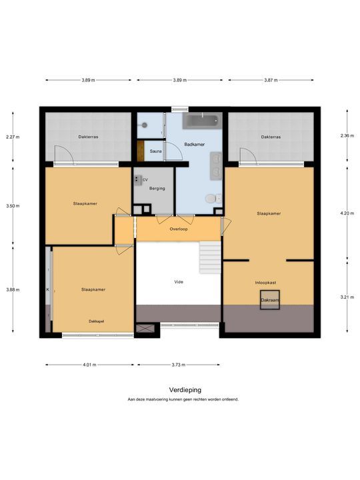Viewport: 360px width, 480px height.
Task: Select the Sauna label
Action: (x=156, y=151)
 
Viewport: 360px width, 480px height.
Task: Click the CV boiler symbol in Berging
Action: (x=137, y=180)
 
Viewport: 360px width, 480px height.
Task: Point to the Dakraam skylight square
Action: (x=270, y=300)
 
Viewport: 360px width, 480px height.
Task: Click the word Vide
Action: (x=179, y=281)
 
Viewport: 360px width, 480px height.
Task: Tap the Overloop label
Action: (x=179, y=229)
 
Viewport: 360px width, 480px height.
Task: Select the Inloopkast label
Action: (x=266, y=283)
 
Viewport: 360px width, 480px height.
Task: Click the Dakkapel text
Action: (x=97, y=321)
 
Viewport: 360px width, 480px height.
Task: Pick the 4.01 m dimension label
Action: (x=89, y=365)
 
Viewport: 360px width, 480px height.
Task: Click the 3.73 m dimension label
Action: (x=179, y=365)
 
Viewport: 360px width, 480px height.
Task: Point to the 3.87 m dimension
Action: (x=271, y=80)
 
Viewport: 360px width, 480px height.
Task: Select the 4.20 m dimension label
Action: (x=347, y=213)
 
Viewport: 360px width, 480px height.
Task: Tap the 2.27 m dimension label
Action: (x=13, y=137)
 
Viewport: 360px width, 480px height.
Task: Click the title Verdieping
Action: (x=185, y=390)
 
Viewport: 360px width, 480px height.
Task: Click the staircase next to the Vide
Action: (x=210, y=257)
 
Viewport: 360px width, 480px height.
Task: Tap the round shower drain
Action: (x=144, y=125)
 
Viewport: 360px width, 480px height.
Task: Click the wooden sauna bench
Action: (x=141, y=151)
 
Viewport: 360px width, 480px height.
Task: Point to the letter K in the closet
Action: (x=48, y=289)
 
